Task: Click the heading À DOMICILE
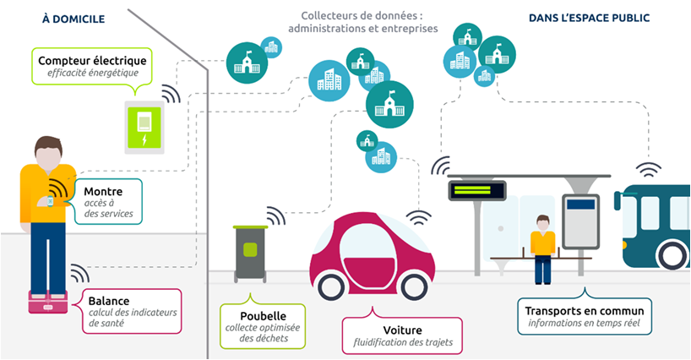point(73,19)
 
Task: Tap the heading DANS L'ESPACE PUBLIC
point(589,18)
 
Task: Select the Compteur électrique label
point(92,60)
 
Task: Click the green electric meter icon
point(144,128)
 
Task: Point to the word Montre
point(103,192)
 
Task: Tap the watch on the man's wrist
point(50,201)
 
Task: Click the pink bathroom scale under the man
point(48,303)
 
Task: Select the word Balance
point(109,301)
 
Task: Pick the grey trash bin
point(250,254)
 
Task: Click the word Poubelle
point(263,316)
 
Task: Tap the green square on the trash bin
point(250,249)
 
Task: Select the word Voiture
point(402,330)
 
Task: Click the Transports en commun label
point(585,311)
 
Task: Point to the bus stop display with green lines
point(477,190)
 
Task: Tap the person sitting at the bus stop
point(542,249)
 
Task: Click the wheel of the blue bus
point(672,255)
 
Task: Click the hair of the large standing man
point(48,145)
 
